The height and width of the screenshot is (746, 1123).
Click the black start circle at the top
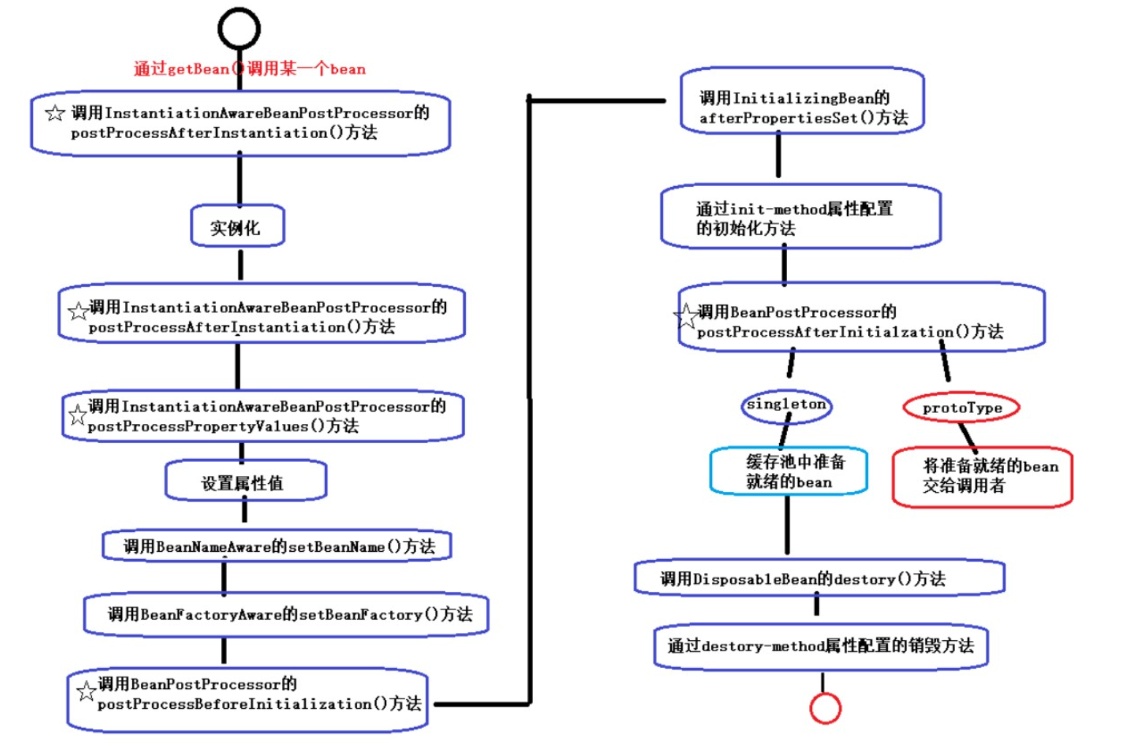coord(239,29)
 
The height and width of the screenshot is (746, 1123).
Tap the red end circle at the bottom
coord(825,707)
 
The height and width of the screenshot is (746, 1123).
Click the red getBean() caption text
coord(250,69)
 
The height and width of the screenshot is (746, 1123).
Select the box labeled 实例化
coord(237,227)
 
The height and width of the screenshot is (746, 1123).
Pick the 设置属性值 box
coord(245,482)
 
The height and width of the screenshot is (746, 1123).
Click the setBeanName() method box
coord(277,546)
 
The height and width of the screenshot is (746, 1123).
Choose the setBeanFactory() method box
coord(286,615)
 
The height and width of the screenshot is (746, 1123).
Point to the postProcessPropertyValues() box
coord(263,416)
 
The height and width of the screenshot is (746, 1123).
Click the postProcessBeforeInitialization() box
coord(248,699)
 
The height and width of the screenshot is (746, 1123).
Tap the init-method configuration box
coord(800,218)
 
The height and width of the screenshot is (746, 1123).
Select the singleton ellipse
coord(786,405)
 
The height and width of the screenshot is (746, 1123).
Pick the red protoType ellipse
coord(961,408)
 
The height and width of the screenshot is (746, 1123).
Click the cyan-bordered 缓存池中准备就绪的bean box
coord(789,472)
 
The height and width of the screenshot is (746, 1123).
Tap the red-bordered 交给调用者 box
coord(982,477)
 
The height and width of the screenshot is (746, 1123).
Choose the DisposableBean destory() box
coord(819,579)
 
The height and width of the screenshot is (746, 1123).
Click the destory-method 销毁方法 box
coord(821,645)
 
